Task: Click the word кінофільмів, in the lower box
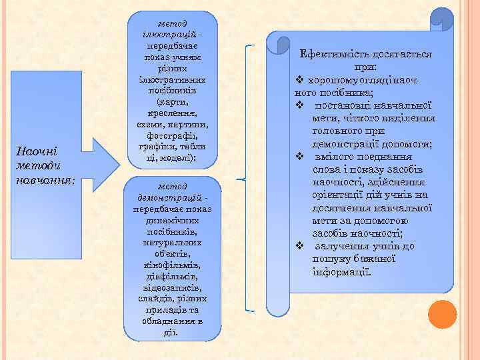pos(171,265)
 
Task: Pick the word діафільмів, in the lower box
pos(171,276)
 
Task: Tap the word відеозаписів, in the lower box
pos(171,287)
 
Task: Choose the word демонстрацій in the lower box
pos(167,199)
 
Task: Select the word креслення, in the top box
pos(171,114)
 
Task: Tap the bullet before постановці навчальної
pos(299,105)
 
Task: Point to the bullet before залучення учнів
pos(299,246)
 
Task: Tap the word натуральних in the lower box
pos(171,243)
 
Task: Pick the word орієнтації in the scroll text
pos(341,195)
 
